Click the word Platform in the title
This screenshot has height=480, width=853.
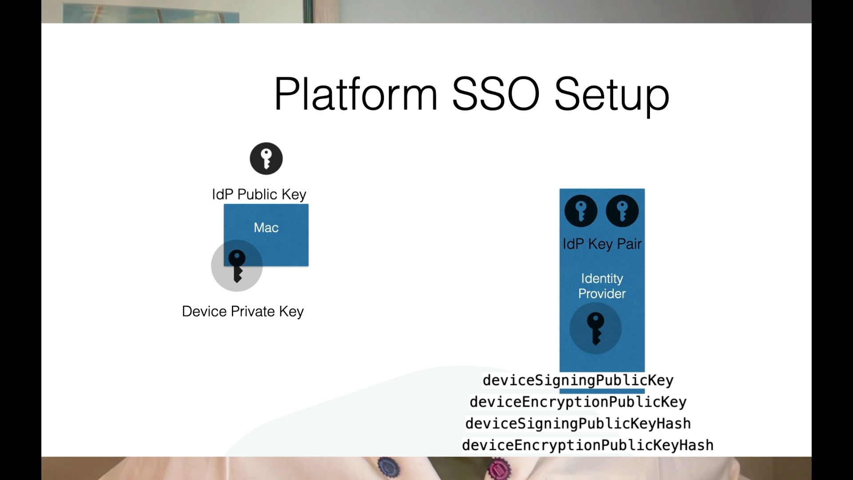click(x=356, y=94)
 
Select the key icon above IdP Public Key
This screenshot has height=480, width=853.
click(x=266, y=159)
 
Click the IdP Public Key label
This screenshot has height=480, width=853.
click(x=259, y=194)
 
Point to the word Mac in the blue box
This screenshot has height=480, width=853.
click(x=266, y=228)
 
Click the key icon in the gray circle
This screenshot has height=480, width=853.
click(x=237, y=266)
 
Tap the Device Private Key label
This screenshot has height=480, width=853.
click(x=243, y=312)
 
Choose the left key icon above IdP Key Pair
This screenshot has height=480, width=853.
click(x=581, y=211)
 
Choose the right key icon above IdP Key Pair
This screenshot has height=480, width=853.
click(x=622, y=211)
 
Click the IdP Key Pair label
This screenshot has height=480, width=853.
click(x=602, y=244)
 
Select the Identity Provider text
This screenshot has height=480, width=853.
click(x=602, y=286)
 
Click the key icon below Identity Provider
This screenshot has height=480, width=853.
click(x=595, y=328)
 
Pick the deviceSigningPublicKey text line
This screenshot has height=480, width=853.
click(x=578, y=380)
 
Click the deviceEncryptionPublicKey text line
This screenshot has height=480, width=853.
click(x=578, y=402)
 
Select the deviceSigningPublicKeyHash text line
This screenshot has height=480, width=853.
click(x=578, y=424)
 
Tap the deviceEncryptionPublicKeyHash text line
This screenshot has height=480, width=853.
click(x=588, y=445)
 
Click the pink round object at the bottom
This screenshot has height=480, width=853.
click(x=498, y=469)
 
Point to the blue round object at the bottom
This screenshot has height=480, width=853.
click(x=388, y=467)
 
